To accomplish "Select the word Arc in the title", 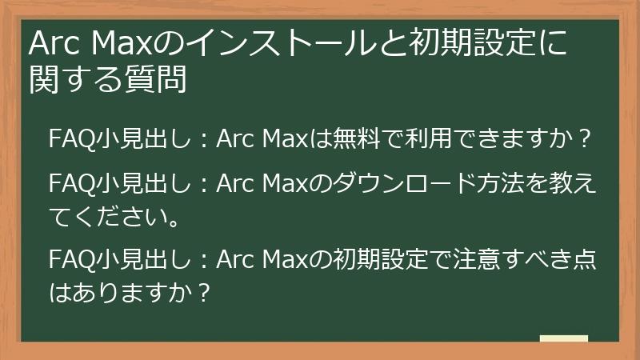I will pyautogui.click(x=54, y=45).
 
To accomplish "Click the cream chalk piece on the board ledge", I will pyautogui.click(x=563, y=339).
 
